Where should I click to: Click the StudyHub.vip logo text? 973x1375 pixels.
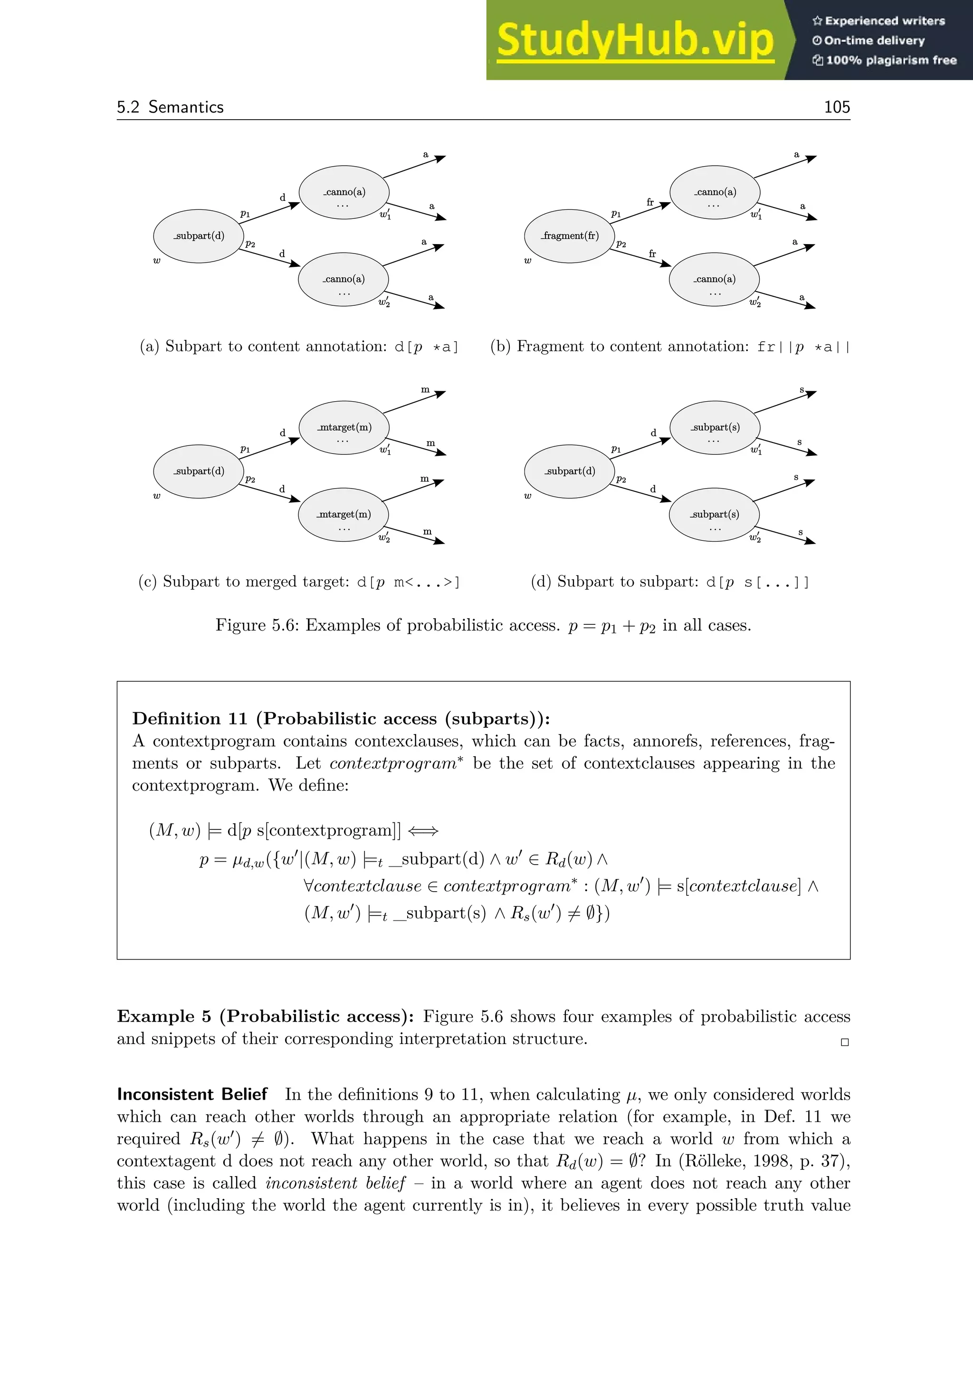click(635, 41)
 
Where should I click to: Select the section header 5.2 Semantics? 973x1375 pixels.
click(170, 107)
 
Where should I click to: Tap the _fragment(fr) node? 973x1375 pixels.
click(569, 235)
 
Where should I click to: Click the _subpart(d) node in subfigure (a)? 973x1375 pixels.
click(199, 235)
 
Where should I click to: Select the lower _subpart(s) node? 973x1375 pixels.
click(714, 514)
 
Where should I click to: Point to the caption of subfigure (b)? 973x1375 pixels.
click(670, 346)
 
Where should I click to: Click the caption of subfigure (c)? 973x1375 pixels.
click(299, 582)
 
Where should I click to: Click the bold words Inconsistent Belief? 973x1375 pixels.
click(192, 1094)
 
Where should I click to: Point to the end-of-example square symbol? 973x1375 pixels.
click(845, 1042)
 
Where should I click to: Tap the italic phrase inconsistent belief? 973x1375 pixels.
click(335, 1183)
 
